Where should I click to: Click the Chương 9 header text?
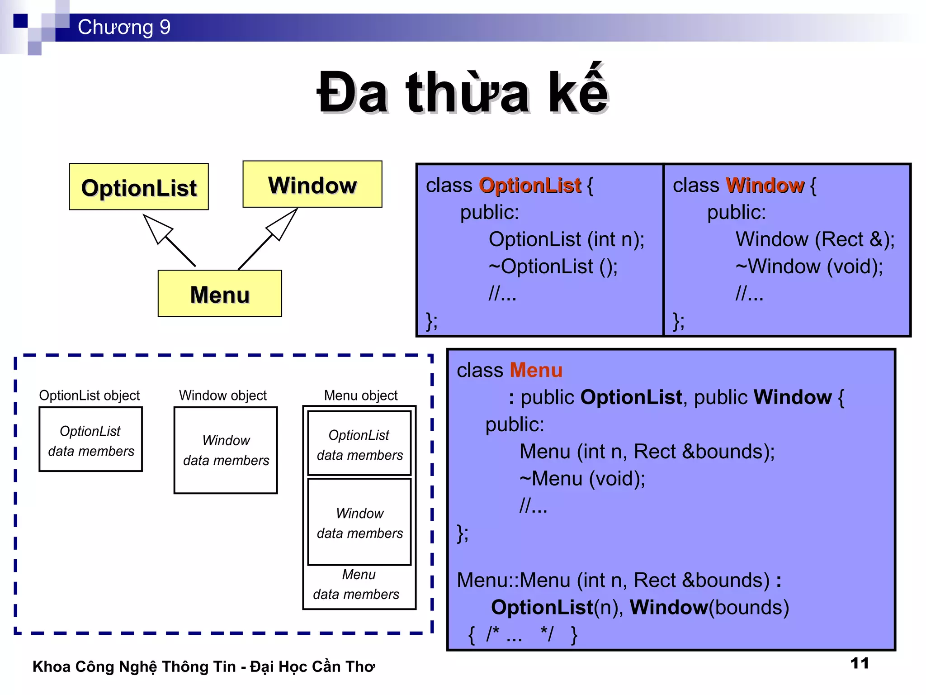click(x=124, y=27)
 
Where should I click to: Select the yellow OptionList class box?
click(x=139, y=187)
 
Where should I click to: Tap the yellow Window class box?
click(x=312, y=185)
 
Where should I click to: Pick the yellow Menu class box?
click(x=220, y=294)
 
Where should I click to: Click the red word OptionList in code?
click(x=530, y=186)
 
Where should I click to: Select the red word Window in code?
click(x=765, y=186)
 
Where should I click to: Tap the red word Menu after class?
click(x=536, y=371)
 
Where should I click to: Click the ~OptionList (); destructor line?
click(x=553, y=267)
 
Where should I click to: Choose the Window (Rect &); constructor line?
click(x=815, y=239)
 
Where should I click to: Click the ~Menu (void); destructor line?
click(x=582, y=479)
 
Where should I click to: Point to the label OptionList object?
click(x=90, y=395)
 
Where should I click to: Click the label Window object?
click(x=223, y=395)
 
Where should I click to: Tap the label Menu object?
click(x=361, y=395)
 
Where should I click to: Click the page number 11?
click(x=859, y=663)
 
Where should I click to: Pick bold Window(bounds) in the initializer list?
click(x=709, y=607)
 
